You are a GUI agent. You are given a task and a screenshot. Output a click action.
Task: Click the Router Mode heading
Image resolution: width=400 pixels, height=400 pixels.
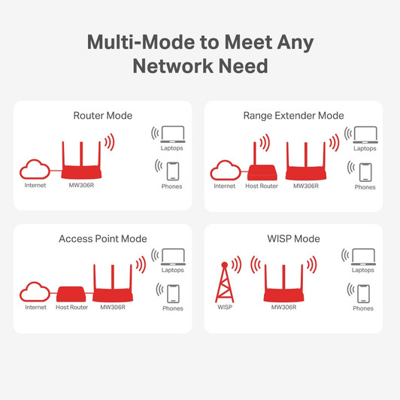pos(102,116)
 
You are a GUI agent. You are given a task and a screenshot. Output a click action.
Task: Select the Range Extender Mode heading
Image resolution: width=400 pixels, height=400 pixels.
pos(293,116)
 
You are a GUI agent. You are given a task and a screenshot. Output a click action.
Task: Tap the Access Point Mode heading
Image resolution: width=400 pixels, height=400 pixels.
pos(102,238)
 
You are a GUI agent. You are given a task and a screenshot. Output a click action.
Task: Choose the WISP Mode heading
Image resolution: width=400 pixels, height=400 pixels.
pos(293,238)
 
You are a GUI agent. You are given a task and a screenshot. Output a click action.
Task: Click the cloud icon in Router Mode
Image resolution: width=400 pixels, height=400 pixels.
pos(35,168)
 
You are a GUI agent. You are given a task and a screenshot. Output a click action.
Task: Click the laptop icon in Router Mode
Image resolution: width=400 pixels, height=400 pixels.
pos(171,134)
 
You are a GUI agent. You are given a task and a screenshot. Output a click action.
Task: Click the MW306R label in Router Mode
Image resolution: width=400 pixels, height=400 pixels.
pos(81,184)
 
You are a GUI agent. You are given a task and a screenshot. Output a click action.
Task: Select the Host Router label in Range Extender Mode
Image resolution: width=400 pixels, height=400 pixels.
pos(262,186)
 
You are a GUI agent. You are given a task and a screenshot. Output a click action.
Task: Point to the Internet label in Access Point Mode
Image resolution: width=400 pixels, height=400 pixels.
pos(35,308)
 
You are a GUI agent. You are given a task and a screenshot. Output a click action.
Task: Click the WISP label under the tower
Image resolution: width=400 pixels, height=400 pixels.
pos(225,308)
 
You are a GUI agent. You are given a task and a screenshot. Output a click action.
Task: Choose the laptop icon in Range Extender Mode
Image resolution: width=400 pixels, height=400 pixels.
pos(365,134)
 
